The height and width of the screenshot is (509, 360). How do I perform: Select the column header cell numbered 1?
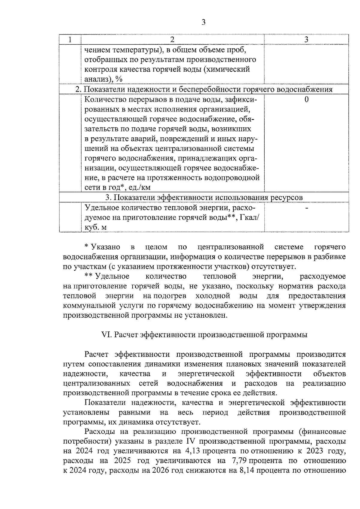click(70, 40)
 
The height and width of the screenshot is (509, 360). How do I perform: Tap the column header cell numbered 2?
click(172, 40)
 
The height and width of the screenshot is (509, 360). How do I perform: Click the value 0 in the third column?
click(306, 100)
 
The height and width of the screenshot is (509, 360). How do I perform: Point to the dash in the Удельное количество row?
click(306, 208)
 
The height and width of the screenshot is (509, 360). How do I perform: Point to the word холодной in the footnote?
click(213, 296)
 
